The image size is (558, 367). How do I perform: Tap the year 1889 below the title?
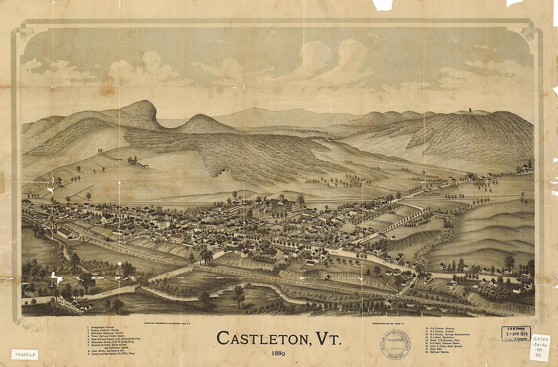278,353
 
